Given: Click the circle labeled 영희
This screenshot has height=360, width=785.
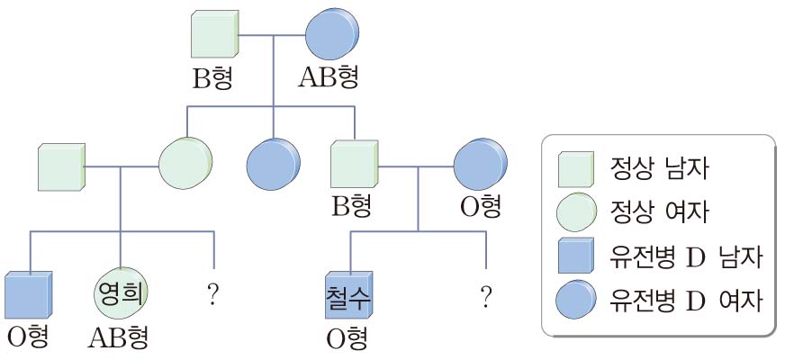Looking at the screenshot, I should click(x=121, y=294).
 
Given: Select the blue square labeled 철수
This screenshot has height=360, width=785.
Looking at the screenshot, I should click(x=347, y=294).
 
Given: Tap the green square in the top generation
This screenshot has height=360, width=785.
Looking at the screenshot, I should click(x=215, y=35).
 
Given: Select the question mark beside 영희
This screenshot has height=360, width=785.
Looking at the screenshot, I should click(x=213, y=295).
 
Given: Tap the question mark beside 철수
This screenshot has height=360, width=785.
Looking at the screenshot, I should click(x=486, y=295).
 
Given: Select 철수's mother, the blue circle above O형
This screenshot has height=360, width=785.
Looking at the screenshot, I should click(x=478, y=165).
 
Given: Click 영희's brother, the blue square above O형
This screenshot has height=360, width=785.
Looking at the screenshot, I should click(x=30, y=294).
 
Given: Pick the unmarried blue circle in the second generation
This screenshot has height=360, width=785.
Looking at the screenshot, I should click(x=274, y=166).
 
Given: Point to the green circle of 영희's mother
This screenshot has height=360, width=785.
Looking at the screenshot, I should click(x=185, y=165).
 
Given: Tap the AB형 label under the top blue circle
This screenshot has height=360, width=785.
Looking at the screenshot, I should click(x=329, y=78).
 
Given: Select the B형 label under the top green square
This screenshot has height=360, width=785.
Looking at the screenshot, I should click(x=212, y=78).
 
